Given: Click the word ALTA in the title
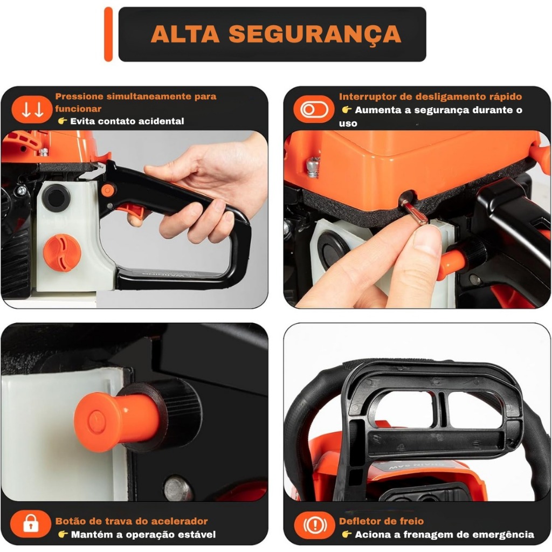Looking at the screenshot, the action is (x=185, y=34).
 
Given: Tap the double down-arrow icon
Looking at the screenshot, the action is (x=32, y=109).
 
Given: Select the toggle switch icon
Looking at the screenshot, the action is (x=314, y=109).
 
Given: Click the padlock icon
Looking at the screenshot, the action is (x=31, y=523).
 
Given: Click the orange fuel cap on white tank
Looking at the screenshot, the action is (x=62, y=253).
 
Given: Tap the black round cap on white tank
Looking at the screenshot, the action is (x=56, y=197).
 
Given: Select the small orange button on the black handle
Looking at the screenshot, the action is (x=108, y=190).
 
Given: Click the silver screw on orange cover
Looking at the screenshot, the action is (x=313, y=167).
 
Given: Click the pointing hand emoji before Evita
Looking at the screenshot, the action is (x=63, y=121).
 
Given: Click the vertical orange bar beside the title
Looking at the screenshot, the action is (x=108, y=34).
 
